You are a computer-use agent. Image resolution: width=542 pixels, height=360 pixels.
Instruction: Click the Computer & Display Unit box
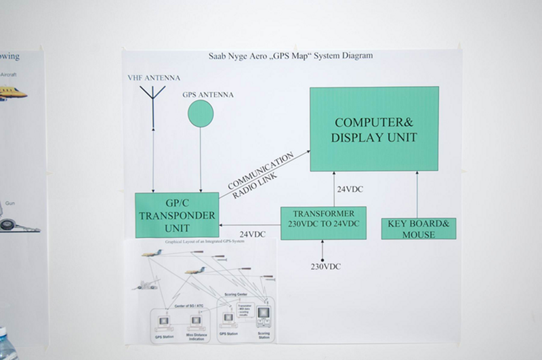(x=374, y=129)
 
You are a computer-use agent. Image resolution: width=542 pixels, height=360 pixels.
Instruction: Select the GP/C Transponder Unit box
(x=176, y=215)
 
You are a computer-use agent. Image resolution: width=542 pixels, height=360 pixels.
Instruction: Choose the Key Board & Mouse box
(x=418, y=228)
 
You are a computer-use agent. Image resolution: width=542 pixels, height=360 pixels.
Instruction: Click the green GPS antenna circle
(x=200, y=113)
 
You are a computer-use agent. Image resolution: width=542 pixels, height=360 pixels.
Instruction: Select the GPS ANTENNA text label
(x=208, y=95)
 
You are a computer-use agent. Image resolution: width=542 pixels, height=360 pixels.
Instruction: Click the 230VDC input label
(x=326, y=266)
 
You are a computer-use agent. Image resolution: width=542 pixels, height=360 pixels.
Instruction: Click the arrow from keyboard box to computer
(x=417, y=195)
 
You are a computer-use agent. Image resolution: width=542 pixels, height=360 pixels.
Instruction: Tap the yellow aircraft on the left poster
(x=12, y=92)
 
